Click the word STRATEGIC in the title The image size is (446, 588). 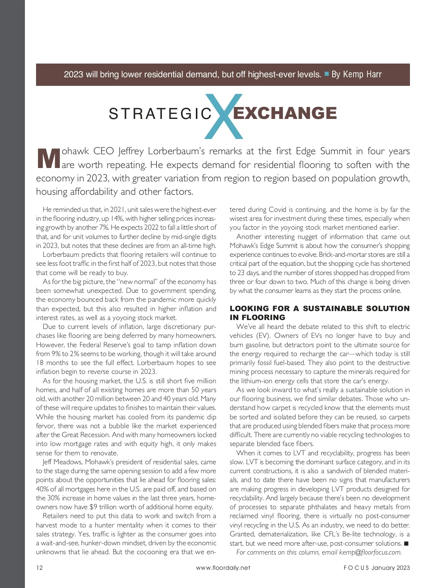click(160, 114)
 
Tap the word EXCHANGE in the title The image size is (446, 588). click(285, 113)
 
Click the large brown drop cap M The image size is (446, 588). click(48, 159)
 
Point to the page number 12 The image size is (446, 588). click(39, 568)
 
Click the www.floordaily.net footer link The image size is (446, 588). click(223, 568)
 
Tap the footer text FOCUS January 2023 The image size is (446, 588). click(376, 568)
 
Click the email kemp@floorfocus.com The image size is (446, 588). click(370, 552)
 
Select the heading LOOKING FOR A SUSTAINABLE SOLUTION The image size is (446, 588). click(319, 308)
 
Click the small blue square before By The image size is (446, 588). click(327, 74)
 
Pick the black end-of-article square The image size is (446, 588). click(406, 543)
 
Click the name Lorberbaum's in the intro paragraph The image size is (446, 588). click(176, 151)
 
